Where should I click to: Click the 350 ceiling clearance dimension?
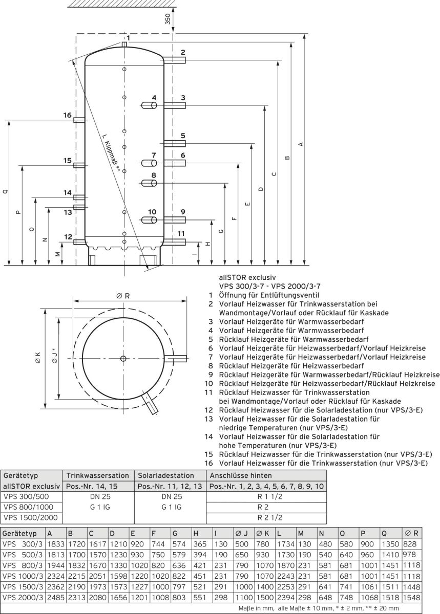pos(167,19)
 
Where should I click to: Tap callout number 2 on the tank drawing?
pos(182,52)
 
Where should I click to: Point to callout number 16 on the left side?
pos(68,115)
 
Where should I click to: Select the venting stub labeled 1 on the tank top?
pos(124,46)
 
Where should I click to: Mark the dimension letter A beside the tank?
pos(301,144)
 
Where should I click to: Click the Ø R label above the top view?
pos(122,296)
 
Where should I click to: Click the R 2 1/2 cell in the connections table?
pos(266,518)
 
